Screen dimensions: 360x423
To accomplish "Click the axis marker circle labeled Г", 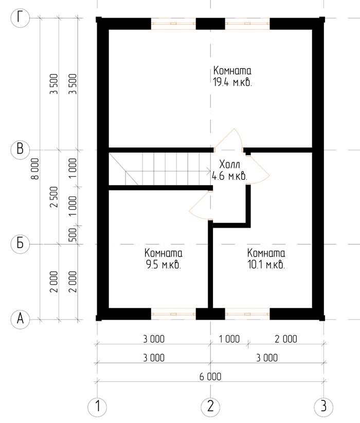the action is pos(20,18).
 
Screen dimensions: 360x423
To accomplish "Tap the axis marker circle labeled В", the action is pos(20,150).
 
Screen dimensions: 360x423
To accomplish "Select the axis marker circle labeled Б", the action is pos(20,244).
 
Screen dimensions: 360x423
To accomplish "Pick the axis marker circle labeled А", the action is pos(20,319).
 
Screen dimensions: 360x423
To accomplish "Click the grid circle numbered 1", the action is pos(97,406).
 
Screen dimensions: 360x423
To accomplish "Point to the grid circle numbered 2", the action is pos(210,406).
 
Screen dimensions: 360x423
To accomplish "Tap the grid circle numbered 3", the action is pos(323,406).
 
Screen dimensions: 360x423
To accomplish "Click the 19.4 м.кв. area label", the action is pos(232,82).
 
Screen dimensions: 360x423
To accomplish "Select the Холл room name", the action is pos(230,164).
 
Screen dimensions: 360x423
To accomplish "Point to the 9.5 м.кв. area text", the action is pos(164,265).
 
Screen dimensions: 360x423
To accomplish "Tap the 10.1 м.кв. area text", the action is pos(266,265).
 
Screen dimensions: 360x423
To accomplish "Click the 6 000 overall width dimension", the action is pos(210,376).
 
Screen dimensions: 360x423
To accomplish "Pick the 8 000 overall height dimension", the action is pos(35,169).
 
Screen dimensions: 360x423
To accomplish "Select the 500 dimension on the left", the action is pos(73,235).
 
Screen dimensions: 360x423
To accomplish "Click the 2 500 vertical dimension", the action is pos(54,197).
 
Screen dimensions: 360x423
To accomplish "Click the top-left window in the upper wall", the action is pos(173,24).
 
